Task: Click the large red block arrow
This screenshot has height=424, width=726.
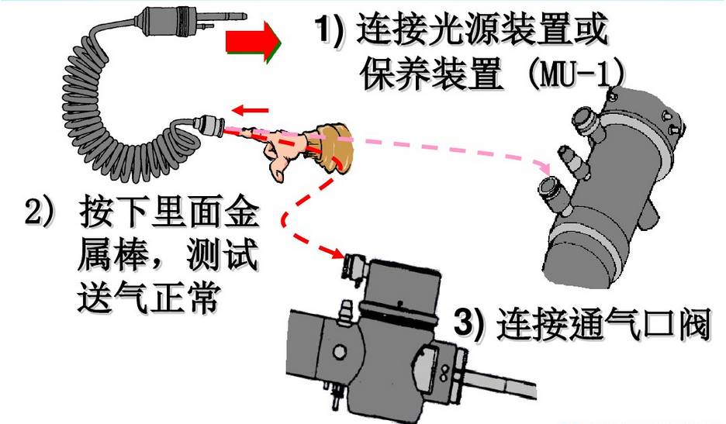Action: point(252,42)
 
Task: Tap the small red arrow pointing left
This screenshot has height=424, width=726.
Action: point(250,110)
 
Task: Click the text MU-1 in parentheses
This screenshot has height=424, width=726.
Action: point(577,74)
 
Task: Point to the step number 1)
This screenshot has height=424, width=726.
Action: point(329,29)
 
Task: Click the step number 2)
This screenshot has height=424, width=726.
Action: point(39,213)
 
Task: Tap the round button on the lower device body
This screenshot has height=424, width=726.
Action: point(339,353)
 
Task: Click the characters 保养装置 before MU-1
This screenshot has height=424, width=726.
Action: point(431,74)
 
